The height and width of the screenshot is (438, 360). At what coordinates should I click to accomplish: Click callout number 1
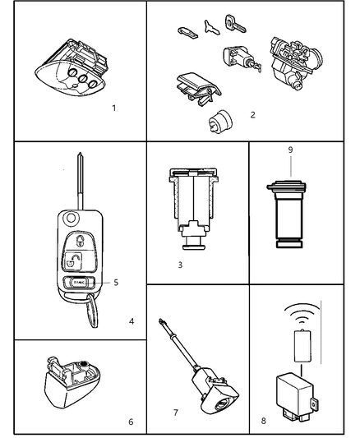pos(114,108)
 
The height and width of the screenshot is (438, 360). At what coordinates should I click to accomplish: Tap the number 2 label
pos(252,114)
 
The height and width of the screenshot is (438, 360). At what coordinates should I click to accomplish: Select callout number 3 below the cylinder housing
pos(180,265)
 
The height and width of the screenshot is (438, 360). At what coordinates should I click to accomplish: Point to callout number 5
pos(116,283)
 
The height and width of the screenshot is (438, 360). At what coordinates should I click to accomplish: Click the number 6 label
pos(130,422)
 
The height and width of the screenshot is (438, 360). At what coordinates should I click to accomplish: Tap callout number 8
pos(264,422)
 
